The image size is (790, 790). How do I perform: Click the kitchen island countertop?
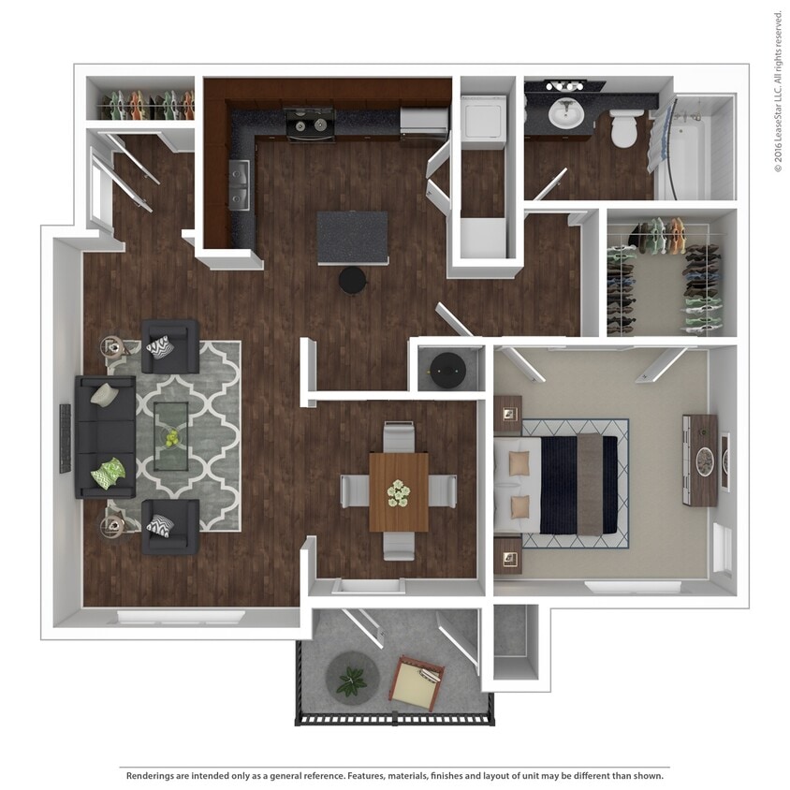pyautogui.click(x=352, y=237)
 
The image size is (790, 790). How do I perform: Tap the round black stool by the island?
pyautogui.click(x=353, y=279)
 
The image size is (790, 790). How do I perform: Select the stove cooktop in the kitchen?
pyautogui.click(x=311, y=124)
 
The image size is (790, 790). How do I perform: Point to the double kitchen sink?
pyautogui.click(x=240, y=185)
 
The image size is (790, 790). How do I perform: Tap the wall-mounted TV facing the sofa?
pyautogui.click(x=66, y=438)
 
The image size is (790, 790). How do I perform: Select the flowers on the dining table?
pyautogui.click(x=399, y=491)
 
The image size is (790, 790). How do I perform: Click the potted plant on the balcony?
pyautogui.click(x=352, y=680)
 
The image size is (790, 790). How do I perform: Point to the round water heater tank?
pyautogui.click(x=446, y=370)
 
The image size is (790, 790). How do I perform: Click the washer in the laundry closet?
pyautogui.click(x=484, y=121)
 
